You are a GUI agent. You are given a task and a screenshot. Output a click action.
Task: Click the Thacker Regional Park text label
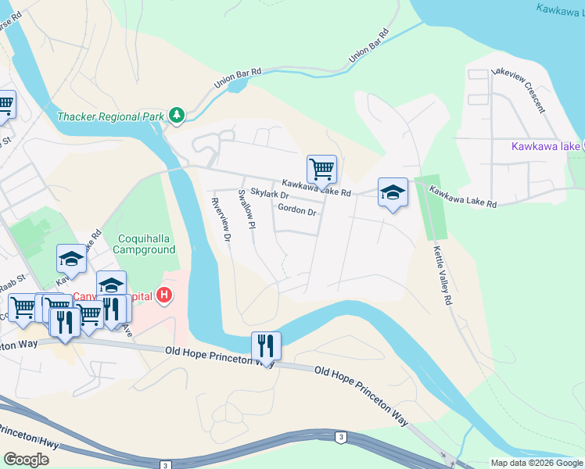[x=110, y=117]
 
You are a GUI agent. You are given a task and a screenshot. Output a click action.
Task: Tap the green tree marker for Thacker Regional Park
[x=178, y=116]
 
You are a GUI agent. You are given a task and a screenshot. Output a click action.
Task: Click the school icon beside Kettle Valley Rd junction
[x=393, y=192]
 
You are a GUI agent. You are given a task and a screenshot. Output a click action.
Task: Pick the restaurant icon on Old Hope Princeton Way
[x=266, y=345]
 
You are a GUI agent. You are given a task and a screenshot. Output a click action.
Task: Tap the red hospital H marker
[x=164, y=295]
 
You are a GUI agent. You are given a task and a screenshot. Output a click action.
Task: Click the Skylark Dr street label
[x=270, y=194]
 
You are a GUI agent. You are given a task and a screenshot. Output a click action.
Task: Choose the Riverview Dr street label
[x=221, y=218]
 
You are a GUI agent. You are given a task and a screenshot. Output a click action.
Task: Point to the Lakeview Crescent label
[x=517, y=91]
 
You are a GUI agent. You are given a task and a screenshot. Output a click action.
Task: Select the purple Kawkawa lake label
[x=546, y=146]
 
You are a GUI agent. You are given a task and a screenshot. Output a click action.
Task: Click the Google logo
[x=26, y=459]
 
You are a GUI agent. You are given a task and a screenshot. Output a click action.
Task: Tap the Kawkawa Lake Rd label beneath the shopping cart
[x=317, y=186]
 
